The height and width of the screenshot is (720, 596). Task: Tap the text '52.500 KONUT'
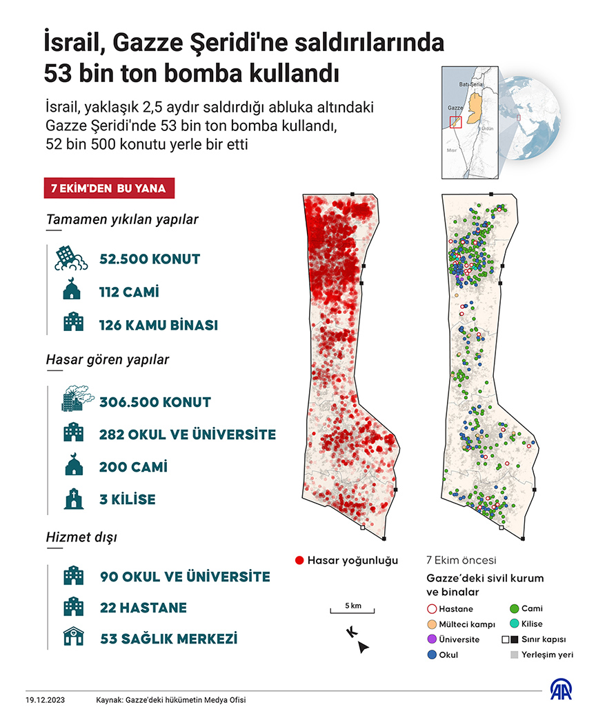(150, 259)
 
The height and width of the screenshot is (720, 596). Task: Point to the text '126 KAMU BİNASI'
(159, 325)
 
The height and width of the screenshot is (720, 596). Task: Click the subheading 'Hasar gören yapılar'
(108, 359)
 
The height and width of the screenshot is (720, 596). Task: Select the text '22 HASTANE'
(143, 608)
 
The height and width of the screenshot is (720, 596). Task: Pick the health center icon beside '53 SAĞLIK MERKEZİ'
(72, 639)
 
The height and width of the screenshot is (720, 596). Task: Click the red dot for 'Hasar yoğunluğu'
(299, 560)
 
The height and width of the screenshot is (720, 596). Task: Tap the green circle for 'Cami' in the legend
(514, 609)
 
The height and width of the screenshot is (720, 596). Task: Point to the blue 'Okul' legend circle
(433, 654)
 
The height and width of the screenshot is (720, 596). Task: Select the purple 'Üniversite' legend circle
(433, 639)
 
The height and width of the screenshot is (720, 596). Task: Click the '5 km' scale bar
(351, 610)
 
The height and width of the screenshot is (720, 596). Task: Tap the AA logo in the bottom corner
(561, 691)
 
